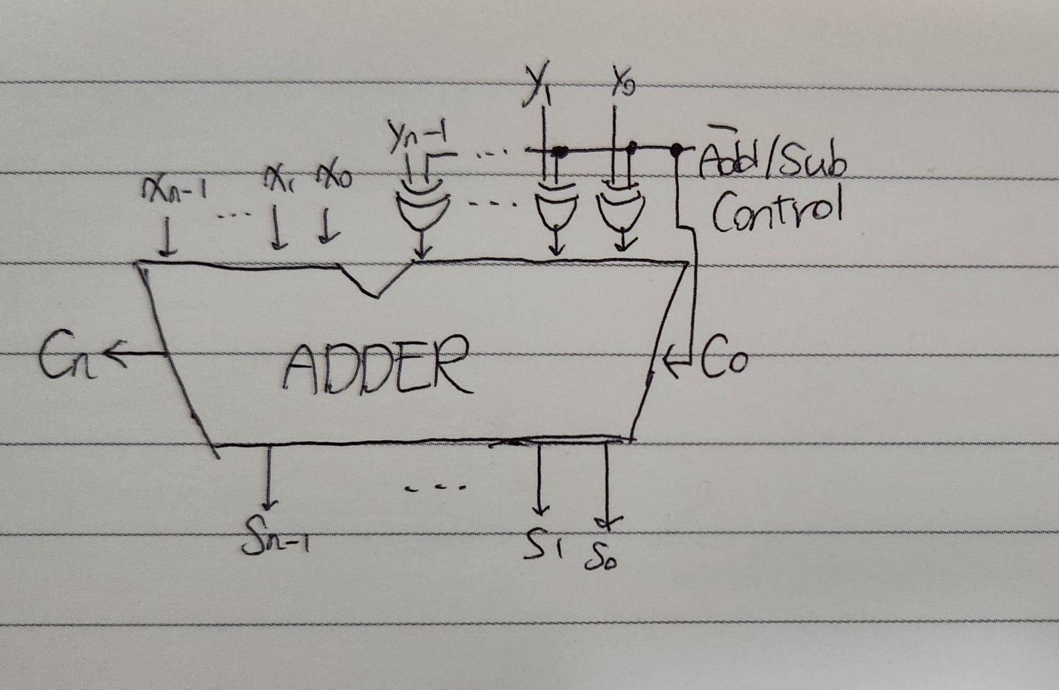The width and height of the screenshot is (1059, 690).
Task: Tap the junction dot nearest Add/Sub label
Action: (676, 148)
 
